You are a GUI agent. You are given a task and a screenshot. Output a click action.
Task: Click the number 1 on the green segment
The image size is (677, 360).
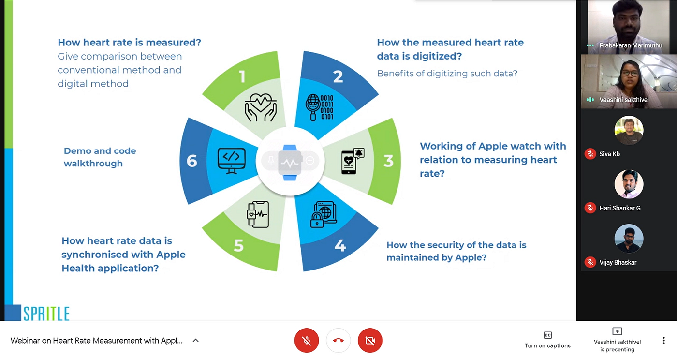click(242, 76)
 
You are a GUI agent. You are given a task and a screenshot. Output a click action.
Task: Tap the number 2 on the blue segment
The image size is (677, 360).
click(338, 76)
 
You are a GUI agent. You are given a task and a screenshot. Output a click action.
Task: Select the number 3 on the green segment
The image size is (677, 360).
click(389, 161)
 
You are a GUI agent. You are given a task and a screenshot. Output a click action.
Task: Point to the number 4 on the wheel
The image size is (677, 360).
click(340, 245)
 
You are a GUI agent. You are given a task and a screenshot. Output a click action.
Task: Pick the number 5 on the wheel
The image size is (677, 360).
click(239, 245)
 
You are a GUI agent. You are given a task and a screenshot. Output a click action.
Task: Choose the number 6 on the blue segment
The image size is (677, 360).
click(192, 161)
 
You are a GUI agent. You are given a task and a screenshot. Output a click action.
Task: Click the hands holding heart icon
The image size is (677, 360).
click(261, 107)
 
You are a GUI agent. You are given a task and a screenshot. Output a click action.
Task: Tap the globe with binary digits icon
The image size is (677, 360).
click(320, 107)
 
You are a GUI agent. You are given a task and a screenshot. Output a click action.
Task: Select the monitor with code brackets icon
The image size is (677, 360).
click(232, 161)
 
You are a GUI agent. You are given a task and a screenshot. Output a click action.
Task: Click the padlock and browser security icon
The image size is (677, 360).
click(324, 214)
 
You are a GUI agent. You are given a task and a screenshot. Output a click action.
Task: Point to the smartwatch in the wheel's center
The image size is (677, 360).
click(290, 163)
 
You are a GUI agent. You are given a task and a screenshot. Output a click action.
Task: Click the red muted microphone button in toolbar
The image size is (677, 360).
click(307, 341)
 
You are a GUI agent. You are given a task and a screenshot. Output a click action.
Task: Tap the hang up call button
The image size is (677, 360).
click(338, 341)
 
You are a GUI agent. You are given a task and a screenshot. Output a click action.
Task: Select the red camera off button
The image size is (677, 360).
click(370, 341)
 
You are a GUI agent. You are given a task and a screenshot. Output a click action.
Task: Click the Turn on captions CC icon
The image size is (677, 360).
click(547, 335)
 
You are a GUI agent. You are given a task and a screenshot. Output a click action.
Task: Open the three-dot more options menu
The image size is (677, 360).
click(663, 341)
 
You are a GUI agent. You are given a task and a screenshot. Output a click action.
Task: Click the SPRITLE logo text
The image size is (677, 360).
click(46, 314)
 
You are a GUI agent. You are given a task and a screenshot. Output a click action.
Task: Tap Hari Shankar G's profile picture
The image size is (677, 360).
click(629, 184)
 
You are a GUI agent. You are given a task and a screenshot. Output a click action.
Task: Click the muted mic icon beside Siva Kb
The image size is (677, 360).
click(590, 154)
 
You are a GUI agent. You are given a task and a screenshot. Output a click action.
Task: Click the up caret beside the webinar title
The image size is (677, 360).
click(195, 341)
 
